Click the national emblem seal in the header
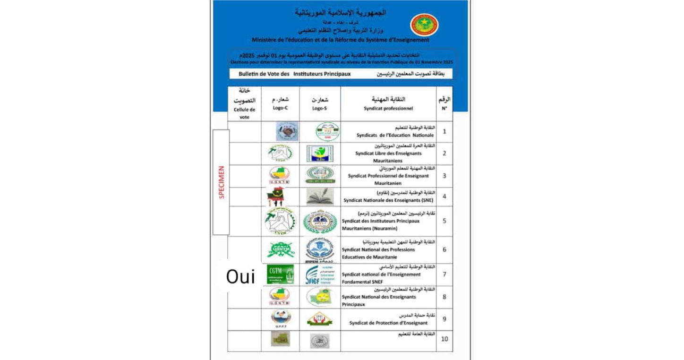pos(424,25)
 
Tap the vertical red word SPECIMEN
pos(222,182)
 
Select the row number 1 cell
pos(444,131)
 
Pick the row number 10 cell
pos(444,339)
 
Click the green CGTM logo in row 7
pos(280,274)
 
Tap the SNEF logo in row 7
pos(320,274)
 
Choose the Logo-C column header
pos(280,104)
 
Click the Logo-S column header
pos(320,104)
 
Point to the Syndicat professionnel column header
pos(388,104)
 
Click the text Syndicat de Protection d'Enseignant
pos(388,323)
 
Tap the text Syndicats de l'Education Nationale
pos(388,135)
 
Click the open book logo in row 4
pos(320,197)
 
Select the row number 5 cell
pos(444,221)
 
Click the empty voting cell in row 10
pos(244,341)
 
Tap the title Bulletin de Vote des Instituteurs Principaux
pos(295,75)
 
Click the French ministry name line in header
pos(340,40)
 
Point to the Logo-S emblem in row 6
pos(320,250)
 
